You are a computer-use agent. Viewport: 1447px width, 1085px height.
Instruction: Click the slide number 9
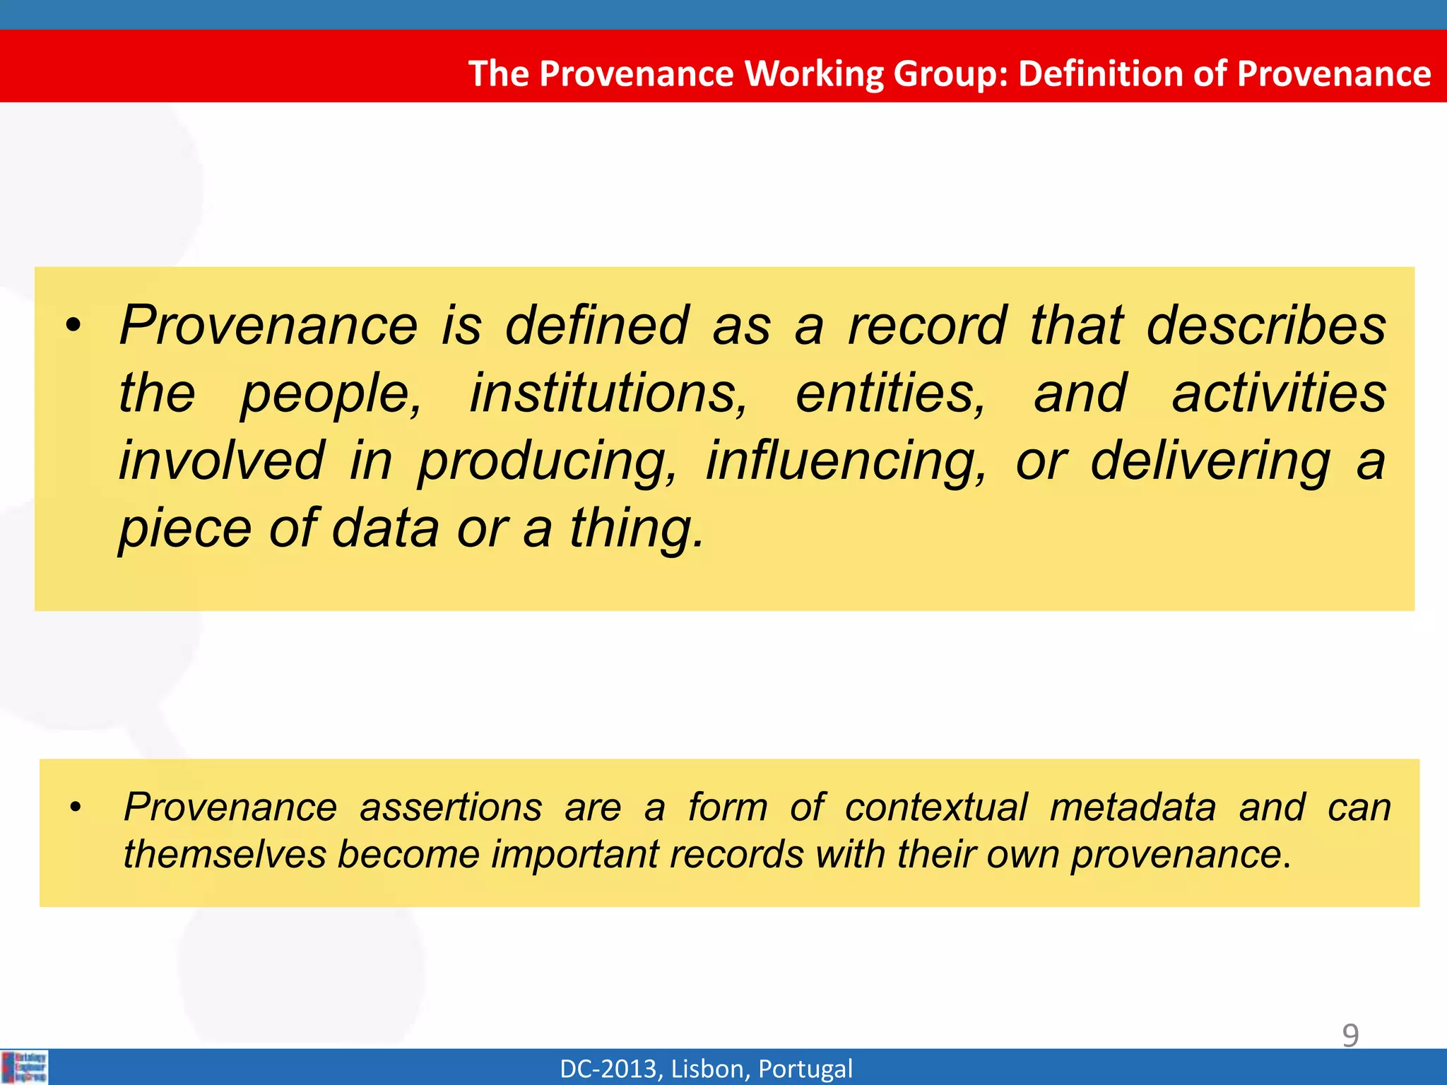[1350, 1036]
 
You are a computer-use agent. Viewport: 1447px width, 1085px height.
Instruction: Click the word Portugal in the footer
[805, 1069]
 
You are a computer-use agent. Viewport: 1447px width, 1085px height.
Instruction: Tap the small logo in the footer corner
[25, 1067]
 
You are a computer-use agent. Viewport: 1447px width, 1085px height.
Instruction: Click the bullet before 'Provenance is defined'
[73, 327]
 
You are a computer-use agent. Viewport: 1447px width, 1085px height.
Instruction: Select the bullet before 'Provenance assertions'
[76, 807]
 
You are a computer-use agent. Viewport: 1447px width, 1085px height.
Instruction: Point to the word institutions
[608, 393]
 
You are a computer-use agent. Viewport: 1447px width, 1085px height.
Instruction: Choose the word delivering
[1210, 461]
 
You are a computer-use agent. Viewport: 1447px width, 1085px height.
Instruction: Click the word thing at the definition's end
[636, 528]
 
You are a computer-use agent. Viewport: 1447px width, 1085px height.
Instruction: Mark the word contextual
[935, 807]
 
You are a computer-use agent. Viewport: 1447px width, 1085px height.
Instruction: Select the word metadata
[1133, 807]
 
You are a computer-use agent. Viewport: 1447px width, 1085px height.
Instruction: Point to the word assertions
[451, 807]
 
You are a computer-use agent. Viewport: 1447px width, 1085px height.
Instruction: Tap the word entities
[890, 393]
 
